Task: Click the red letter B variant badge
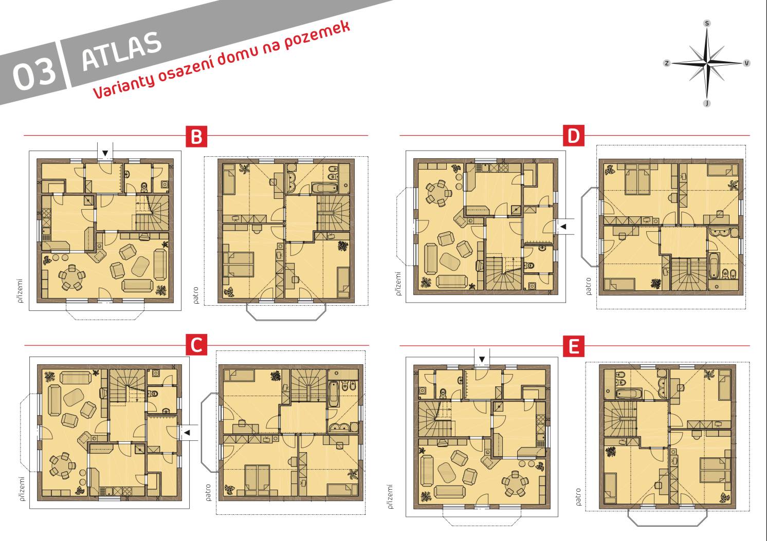pos(196,137)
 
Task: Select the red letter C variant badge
pos(196,345)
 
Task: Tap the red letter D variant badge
pos(574,136)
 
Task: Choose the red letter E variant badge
pos(574,346)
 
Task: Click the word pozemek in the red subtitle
pos(317,35)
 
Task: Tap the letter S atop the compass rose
pos(707,23)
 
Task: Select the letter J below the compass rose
pos(707,103)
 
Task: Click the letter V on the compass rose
pos(746,63)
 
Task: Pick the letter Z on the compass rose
pos(666,63)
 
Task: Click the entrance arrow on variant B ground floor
pos(105,153)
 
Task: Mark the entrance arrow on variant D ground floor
pos(563,227)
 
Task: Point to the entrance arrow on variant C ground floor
pos(187,433)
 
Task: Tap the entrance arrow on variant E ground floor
pos(482,359)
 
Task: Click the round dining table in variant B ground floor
pos(71,275)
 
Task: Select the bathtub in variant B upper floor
pos(324,188)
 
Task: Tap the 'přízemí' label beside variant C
pos(22,489)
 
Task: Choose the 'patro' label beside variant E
pos(578,497)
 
